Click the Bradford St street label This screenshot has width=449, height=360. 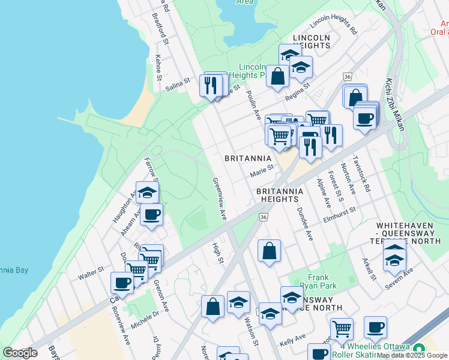click(x=160, y=29)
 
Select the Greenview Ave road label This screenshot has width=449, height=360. click(x=218, y=198)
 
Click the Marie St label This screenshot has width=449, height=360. click(x=262, y=172)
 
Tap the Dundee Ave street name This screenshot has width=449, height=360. click(x=305, y=224)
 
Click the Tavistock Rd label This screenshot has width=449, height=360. click(x=363, y=174)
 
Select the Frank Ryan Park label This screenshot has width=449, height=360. click(x=319, y=281)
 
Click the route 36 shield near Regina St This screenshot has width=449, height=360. click(x=348, y=76)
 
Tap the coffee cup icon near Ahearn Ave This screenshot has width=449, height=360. click(x=151, y=215)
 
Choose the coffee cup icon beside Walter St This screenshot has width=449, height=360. click(x=122, y=283)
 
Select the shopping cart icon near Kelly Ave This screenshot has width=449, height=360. click(x=342, y=328)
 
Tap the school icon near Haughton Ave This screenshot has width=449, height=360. click(x=147, y=192)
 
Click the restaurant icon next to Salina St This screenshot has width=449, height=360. click(x=209, y=85)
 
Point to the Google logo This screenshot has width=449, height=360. click(x=20, y=353)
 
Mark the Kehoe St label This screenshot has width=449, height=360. click(x=158, y=68)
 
